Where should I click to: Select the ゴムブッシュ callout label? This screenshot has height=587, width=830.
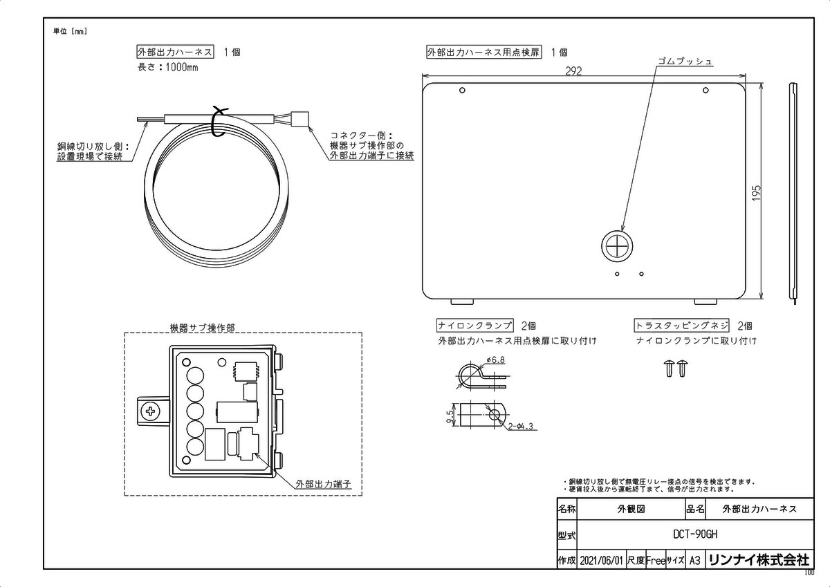[x=685, y=62]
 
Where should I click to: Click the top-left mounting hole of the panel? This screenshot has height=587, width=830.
[x=462, y=90]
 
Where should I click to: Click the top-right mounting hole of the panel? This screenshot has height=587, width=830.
[x=705, y=90]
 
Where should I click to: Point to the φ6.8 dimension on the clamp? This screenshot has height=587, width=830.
[x=495, y=360]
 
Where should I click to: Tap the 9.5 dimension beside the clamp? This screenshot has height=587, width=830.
[x=450, y=416]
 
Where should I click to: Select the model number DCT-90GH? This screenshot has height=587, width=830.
[x=694, y=534]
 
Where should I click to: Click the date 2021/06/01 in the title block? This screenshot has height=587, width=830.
[x=602, y=560]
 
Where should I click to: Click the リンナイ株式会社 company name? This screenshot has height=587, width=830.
[x=758, y=560]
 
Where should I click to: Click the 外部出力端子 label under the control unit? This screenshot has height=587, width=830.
[x=324, y=484]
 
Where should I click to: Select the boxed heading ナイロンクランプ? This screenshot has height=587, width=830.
[x=475, y=325]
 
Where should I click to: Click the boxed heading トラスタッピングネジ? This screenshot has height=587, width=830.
[x=681, y=325]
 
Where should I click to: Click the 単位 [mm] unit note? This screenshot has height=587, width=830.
[x=70, y=31]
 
